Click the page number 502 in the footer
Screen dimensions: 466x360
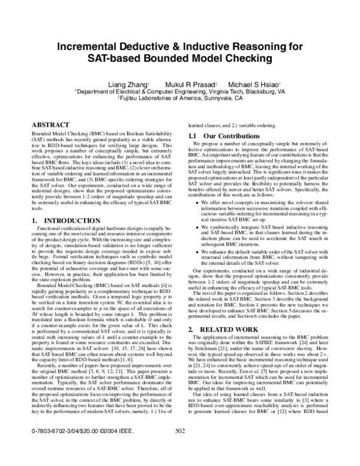tap(179, 448)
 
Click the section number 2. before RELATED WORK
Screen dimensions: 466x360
tap(191, 346)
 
